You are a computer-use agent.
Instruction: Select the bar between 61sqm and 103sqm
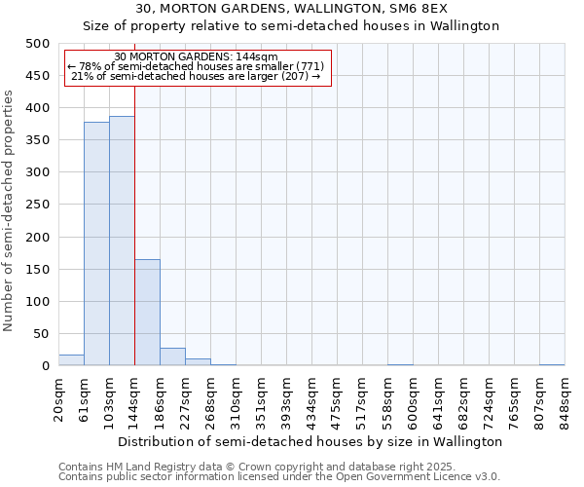coord(96,243)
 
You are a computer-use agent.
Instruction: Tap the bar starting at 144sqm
coord(147,313)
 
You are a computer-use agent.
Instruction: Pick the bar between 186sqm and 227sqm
coord(172,356)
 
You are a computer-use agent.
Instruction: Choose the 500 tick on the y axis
coord(38,44)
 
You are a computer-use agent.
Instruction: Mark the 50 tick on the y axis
coord(42,334)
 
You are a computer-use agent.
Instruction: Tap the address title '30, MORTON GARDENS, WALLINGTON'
coord(291,9)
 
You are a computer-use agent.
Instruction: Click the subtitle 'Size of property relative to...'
coord(291,26)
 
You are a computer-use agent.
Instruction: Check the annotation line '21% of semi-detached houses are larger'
coord(197,76)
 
